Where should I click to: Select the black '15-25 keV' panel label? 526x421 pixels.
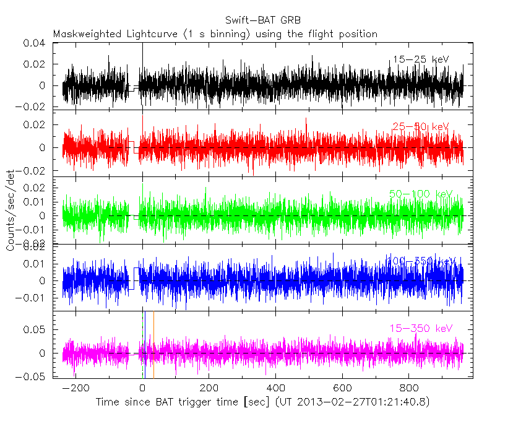[420, 59]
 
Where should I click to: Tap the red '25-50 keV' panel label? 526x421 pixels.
[420, 127]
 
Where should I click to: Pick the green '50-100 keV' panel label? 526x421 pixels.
[420, 194]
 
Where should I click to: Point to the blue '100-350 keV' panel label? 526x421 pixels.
[420, 261]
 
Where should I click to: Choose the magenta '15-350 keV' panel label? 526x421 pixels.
[420, 328]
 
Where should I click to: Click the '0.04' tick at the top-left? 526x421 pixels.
[35, 44]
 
